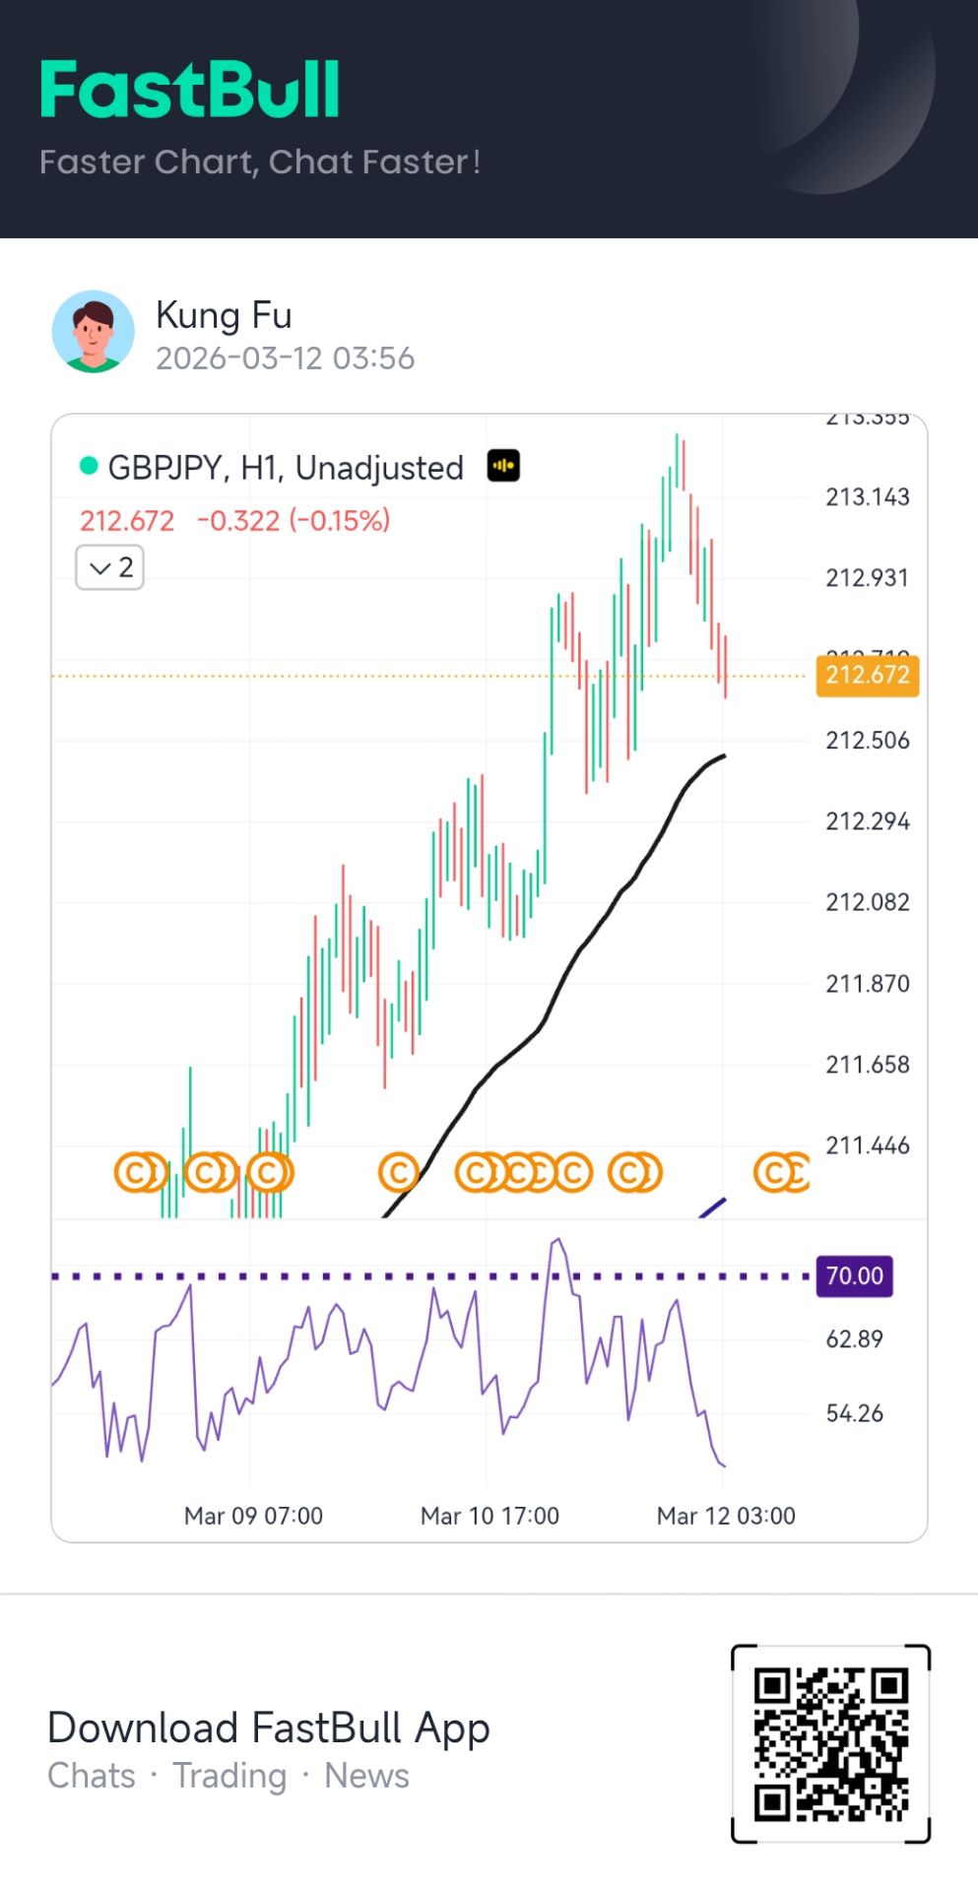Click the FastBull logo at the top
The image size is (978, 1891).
pyautogui.click(x=190, y=90)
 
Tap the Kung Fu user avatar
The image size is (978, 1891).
pyautogui.click(x=93, y=332)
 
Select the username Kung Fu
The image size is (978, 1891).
pyautogui.click(x=224, y=315)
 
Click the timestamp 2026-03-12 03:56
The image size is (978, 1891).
pyautogui.click(x=285, y=359)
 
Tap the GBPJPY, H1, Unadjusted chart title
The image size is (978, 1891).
pyautogui.click(x=285, y=468)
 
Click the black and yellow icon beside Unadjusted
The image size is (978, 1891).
pyautogui.click(x=503, y=466)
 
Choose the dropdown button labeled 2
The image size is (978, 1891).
pyautogui.click(x=110, y=567)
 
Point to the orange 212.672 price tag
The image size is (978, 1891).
pyautogui.click(x=867, y=675)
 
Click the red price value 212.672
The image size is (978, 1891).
pyautogui.click(x=127, y=520)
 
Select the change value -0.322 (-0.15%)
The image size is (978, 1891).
pyautogui.click(x=293, y=520)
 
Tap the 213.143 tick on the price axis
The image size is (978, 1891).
pyautogui.click(x=867, y=497)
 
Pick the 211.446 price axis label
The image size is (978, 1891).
pyautogui.click(x=867, y=1145)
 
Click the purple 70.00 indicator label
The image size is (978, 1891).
pyautogui.click(x=854, y=1276)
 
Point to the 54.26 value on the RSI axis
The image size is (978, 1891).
pyautogui.click(x=854, y=1413)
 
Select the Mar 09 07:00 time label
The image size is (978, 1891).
pyautogui.click(x=253, y=1516)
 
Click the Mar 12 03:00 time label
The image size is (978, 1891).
pyautogui.click(x=726, y=1516)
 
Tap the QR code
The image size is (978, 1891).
pyautogui.click(x=830, y=1743)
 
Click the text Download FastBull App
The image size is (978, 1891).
pyautogui.click(x=268, y=1728)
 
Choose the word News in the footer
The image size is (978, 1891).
pyautogui.click(x=366, y=1776)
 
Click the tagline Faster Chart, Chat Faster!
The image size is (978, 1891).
pyautogui.click(x=260, y=162)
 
